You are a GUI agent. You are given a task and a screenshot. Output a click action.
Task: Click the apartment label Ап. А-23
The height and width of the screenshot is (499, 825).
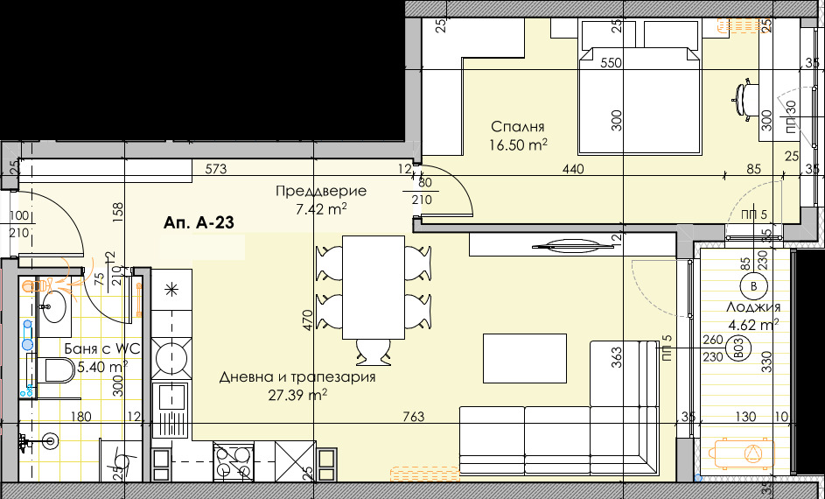[x=198, y=224]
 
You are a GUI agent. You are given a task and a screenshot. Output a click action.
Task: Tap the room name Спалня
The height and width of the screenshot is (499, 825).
[x=518, y=126]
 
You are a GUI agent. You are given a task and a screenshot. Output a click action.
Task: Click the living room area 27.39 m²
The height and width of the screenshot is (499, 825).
[x=297, y=395]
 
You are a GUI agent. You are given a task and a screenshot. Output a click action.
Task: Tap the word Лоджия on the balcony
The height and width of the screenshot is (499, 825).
[x=752, y=307]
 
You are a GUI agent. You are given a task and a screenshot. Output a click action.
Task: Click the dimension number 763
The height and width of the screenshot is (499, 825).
[x=414, y=418]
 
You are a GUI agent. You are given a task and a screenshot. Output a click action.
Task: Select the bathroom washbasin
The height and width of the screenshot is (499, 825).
[x=52, y=307]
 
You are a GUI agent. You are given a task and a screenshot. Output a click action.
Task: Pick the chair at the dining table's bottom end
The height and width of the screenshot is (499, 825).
[x=374, y=352]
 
